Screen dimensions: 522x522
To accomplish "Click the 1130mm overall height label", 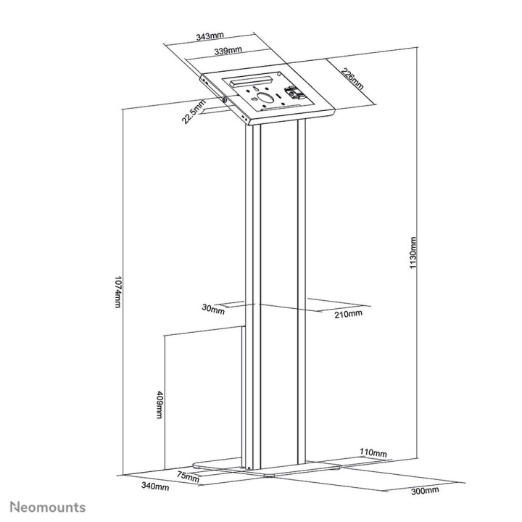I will pos(412,253).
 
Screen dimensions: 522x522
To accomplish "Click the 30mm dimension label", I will pos(213,310).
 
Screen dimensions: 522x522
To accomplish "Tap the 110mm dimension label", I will pos(373,453).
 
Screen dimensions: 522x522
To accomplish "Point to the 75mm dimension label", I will pos(188,476).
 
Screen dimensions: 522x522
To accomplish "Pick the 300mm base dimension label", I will pos(426,491).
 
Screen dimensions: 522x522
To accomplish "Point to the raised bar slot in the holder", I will pos(250,78).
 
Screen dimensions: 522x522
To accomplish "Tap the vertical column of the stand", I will pos(275,290).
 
